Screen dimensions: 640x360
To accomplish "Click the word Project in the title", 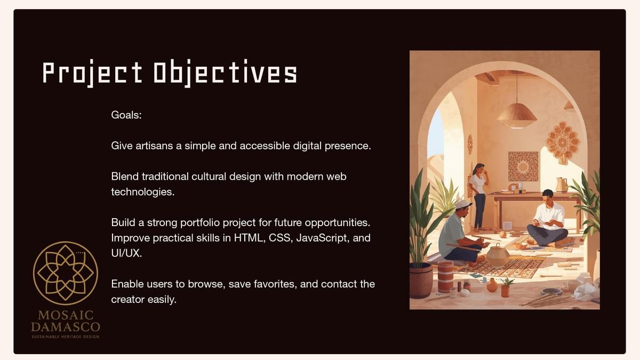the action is tap(92, 73).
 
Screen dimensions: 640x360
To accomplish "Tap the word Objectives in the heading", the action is tap(226, 73).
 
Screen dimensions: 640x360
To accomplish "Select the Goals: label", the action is tap(126, 115).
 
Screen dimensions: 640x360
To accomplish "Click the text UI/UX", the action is tap(126, 253).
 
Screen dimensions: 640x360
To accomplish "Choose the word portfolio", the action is tap(200, 222).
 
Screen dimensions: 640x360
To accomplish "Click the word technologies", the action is tap(143, 192).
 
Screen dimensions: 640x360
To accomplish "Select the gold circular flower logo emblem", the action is tap(66, 273).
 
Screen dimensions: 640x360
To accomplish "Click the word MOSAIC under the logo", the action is tap(66, 315).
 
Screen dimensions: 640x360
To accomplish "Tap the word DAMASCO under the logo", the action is tap(66, 327).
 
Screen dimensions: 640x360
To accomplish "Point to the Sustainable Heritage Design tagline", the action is tap(66, 337).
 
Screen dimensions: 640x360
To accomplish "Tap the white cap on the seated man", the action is tap(463, 204).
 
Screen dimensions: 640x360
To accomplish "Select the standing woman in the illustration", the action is tap(479, 197).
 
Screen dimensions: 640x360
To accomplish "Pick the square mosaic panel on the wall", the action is tap(523, 166).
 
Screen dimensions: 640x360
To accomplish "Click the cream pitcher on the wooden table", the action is tap(562, 185).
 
